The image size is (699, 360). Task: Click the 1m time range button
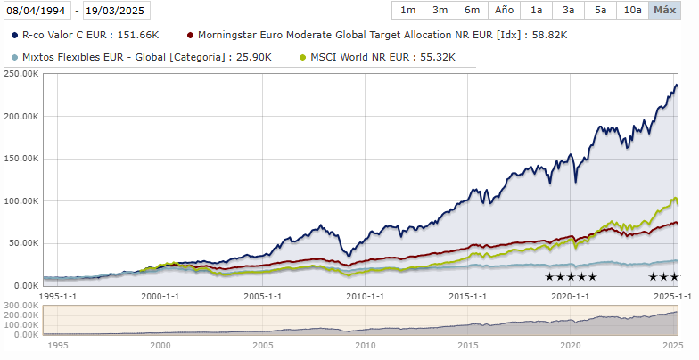click(407, 11)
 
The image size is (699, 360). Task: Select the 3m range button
click(440, 11)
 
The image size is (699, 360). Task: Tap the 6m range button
click(472, 11)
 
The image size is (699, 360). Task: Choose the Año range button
click(504, 11)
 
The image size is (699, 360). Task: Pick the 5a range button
click(600, 11)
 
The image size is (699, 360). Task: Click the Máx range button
click(664, 11)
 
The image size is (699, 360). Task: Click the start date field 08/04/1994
click(37, 11)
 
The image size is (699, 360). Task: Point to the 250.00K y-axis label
click(21, 74)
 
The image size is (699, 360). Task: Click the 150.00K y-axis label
click(21, 159)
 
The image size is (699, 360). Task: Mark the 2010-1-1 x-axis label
click(365, 295)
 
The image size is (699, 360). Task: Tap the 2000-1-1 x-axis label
click(160, 295)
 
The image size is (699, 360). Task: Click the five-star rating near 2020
click(571, 277)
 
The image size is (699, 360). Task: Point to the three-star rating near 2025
click(664, 277)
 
